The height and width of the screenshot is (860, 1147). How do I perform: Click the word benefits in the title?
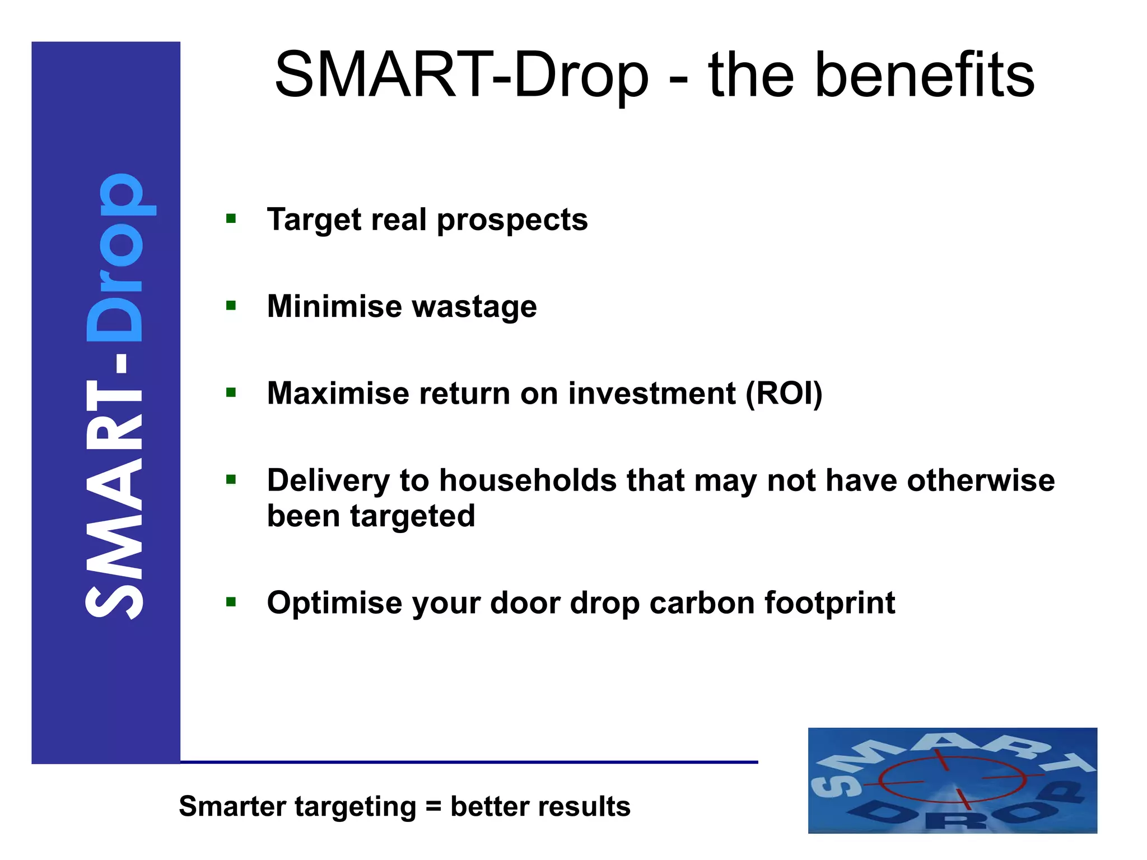924,76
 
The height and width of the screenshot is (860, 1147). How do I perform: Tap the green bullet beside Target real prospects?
231,218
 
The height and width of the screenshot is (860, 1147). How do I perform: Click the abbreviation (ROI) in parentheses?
784,394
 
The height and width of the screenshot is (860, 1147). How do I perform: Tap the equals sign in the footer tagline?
433,807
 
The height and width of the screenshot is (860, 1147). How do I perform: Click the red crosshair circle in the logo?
952,780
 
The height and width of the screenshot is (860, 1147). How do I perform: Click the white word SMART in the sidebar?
114,498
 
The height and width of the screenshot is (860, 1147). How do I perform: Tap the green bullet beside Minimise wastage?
231,306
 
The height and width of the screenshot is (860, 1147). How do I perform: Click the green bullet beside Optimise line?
231,602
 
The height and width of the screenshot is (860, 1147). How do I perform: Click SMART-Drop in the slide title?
461,76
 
